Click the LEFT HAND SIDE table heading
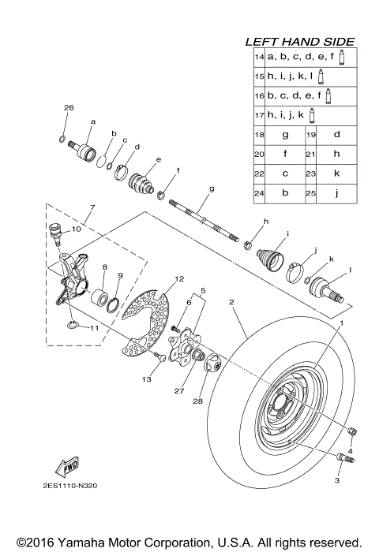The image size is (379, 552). tap(299, 41)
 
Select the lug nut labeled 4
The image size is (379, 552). tap(351, 429)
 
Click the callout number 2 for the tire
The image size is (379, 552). tap(231, 302)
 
